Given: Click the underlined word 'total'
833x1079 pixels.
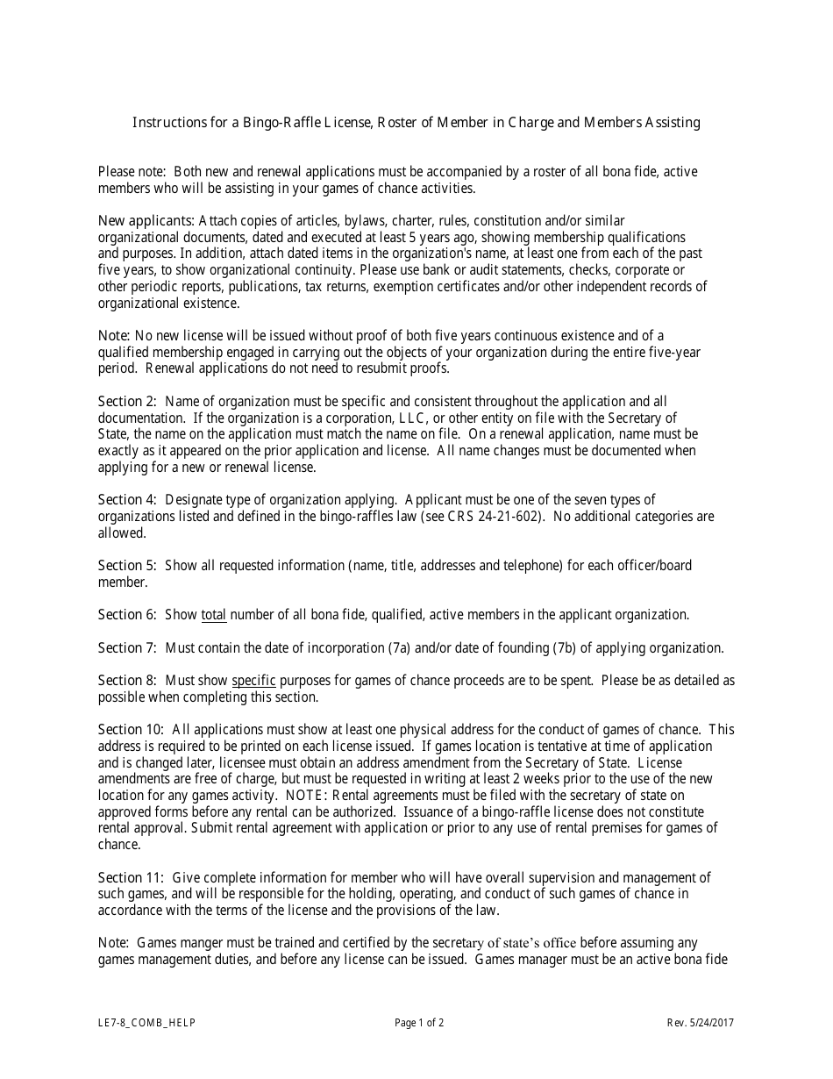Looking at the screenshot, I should [214, 615].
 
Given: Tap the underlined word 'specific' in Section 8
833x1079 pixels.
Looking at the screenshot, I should [253, 681].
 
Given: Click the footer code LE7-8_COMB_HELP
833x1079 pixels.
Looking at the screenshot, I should [146, 1023].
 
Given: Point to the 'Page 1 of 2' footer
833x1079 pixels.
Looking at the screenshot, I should [419, 1023].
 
